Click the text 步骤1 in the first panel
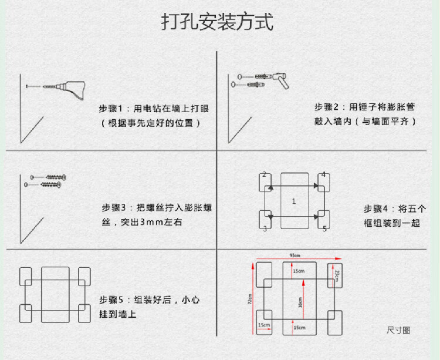[110, 109]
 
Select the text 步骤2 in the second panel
[327, 107]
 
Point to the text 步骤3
[114, 208]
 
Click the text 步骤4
[376, 208]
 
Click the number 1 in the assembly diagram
[294, 201]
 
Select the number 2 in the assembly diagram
[264, 174]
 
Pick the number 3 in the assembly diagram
[265, 228]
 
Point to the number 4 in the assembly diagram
[323, 174]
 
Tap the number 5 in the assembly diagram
[324, 228]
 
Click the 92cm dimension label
[295, 255]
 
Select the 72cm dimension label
[249, 300]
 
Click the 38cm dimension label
[300, 305]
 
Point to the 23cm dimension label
[337, 275]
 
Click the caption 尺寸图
[398, 330]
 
